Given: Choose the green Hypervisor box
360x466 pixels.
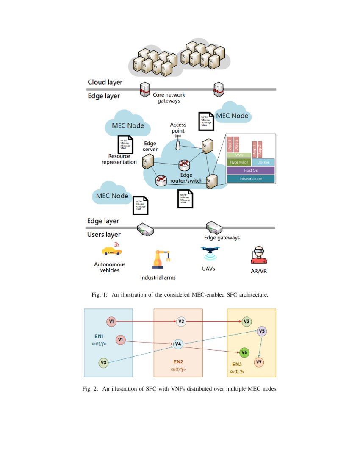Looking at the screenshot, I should [x=238, y=162].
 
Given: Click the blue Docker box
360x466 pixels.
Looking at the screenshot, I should [x=263, y=162].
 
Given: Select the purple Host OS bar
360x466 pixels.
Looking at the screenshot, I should [x=251, y=170].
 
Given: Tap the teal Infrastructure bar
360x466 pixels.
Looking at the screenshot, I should [x=251, y=179].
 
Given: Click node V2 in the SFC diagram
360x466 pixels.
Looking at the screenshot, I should [x=181, y=322].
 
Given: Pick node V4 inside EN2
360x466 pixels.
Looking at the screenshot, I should [x=178, y=344].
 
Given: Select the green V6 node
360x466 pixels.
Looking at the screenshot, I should [x=244, y=352].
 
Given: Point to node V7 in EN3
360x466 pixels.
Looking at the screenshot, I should [x=259, y=362].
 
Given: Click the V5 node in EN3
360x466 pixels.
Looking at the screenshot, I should [x=262, y=331].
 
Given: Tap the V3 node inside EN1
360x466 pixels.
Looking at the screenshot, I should [x=104, y=363].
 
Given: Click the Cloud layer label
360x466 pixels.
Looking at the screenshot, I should [x=105, y=82].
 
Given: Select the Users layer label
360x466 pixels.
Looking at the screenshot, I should [x=104, y=234].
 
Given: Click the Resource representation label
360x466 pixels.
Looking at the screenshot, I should [x=119, y=159].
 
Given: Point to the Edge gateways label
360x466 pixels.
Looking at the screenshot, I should [x=222, y=238].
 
